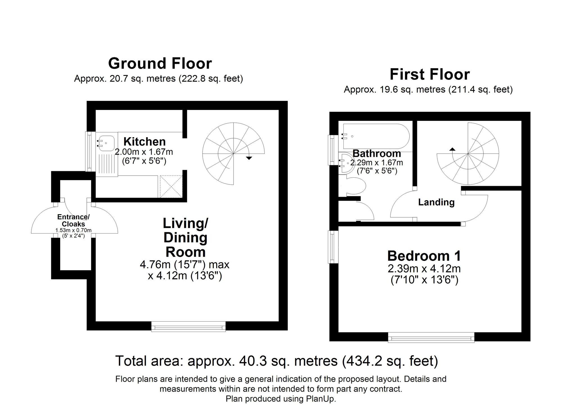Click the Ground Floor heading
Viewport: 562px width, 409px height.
(160, 64)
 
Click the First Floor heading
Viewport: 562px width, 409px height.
(429, 75)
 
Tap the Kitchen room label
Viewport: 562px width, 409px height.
(144, 141)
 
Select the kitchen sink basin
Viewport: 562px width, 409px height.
(106, 143)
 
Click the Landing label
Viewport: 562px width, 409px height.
(436, 202)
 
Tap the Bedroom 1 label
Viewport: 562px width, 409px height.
(424, 256)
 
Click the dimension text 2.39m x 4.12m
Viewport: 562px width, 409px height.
(424, 269)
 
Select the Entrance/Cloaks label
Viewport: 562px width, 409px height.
(73, 220)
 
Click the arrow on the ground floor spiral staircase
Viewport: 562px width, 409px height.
(249, 158)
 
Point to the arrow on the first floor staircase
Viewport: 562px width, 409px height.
(452, 149)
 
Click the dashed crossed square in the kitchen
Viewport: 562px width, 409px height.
(171, 186)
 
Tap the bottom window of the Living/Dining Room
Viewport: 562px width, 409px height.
(188, 327)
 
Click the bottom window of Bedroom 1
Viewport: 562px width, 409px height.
(431, 337)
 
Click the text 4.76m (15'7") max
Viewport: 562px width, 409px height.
(185, 265)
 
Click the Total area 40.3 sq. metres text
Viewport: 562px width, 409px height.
(277, 361)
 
